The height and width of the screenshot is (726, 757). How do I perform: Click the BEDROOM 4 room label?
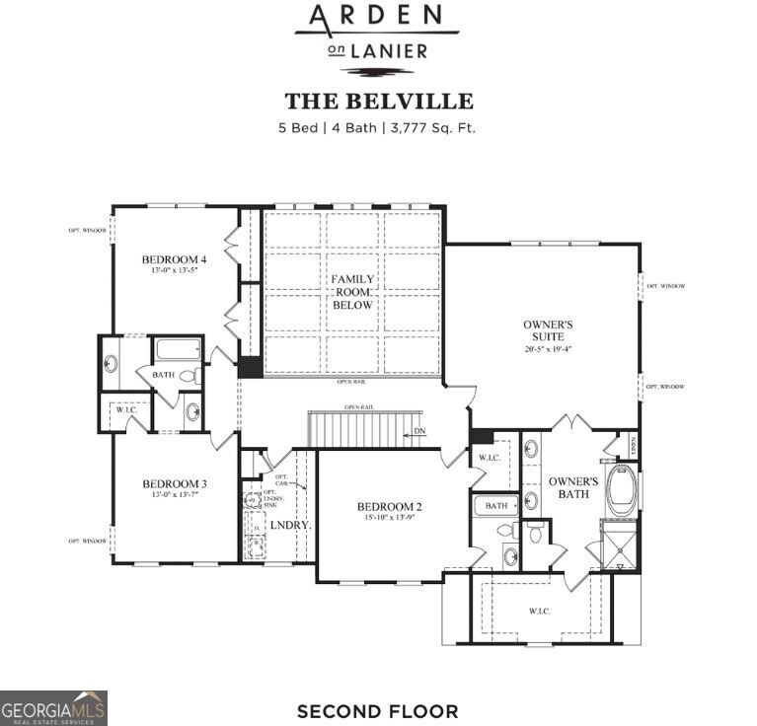[174, 259]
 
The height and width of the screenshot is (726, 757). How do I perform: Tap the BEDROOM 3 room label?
[174, 483]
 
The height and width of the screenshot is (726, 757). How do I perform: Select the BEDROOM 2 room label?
[389, 507]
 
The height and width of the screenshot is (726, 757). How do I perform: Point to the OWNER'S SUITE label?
[548, 329]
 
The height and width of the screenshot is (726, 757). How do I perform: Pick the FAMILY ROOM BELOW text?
[352, 292]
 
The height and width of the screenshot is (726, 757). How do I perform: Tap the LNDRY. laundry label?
[291, 526]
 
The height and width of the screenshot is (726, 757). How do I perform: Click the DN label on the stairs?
[420, 431]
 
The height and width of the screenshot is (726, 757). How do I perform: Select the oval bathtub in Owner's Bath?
[622, 490]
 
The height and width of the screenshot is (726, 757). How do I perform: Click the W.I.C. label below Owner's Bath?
[539, 612]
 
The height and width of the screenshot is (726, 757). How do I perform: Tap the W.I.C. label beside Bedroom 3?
[125, 412]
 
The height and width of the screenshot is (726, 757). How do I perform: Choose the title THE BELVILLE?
[379, 101]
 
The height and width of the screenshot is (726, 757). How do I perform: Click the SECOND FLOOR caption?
[377, 710]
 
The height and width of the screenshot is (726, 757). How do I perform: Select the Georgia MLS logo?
[53, 707]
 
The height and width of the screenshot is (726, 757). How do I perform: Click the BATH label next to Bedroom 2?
[496, 505]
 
